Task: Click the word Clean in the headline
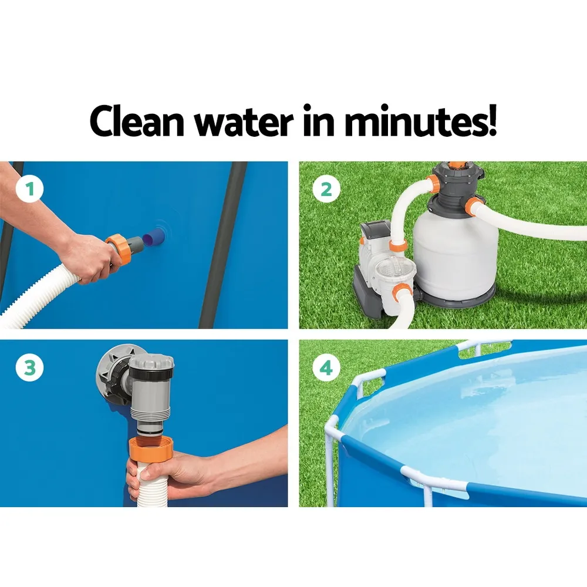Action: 137,121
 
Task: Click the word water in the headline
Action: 244,122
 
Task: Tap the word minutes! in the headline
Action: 420,120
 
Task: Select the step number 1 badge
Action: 29,189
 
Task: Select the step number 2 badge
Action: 326,189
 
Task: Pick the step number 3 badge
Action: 29,367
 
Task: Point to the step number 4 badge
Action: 326,367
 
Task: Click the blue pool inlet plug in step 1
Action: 153,237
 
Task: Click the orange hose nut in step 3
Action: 151,449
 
